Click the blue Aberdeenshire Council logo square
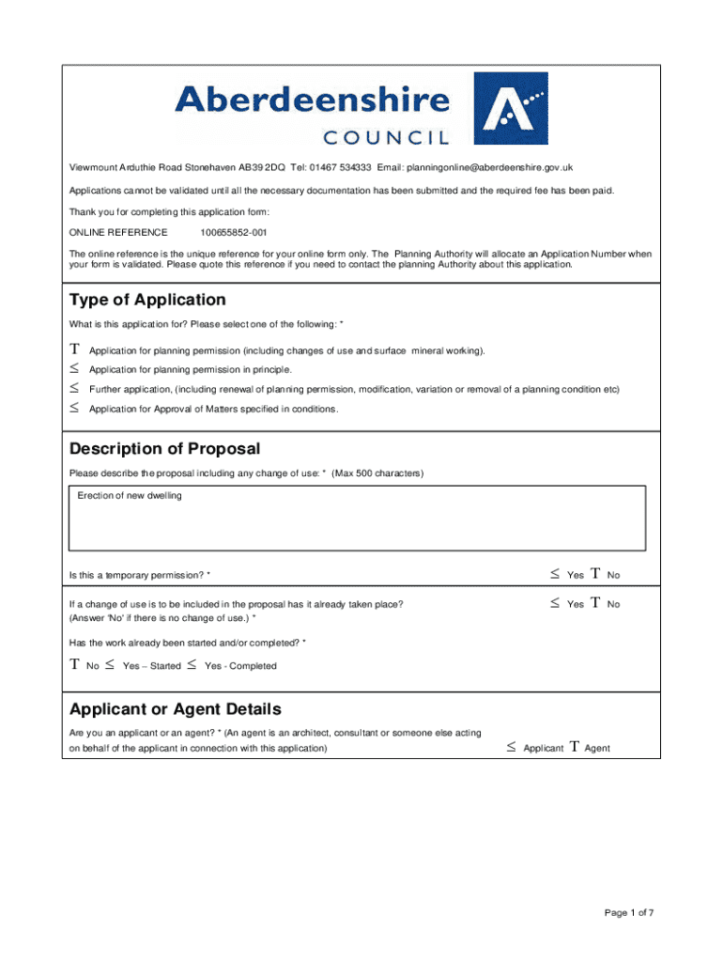(511, 108)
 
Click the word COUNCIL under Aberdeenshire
(386, 138)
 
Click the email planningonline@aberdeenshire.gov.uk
(489, 167)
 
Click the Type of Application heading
(147, 300)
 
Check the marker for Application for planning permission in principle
(74, 369)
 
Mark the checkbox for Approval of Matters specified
(74, 409)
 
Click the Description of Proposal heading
(164, 449)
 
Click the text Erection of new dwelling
(130, 496)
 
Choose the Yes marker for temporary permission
(555, 574)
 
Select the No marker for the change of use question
(594, 604)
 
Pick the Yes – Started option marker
(110, 665)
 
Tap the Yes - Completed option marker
(191, 665)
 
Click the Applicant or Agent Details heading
(176, 709)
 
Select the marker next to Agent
(572, 748)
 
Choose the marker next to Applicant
(511, 748)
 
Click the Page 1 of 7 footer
(629, 912)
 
